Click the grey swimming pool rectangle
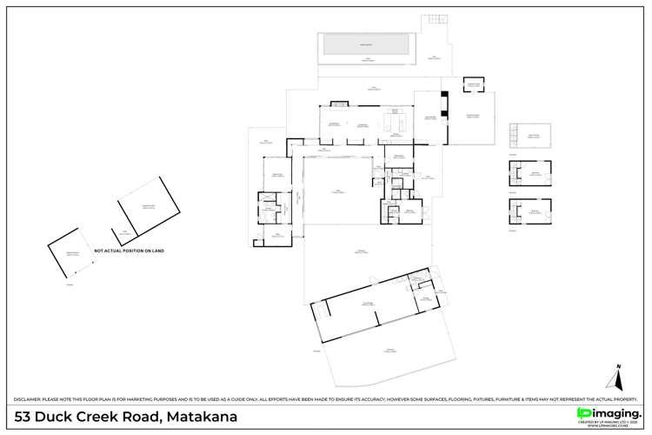click(x=361, y=44)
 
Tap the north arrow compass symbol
click(x=618, y=379)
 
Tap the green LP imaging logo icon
click(x=583, y=412)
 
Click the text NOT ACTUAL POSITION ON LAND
click(x=129, y=251)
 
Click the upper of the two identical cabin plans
click(x=529, y=173)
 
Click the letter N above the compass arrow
click(x=618, y=366)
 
